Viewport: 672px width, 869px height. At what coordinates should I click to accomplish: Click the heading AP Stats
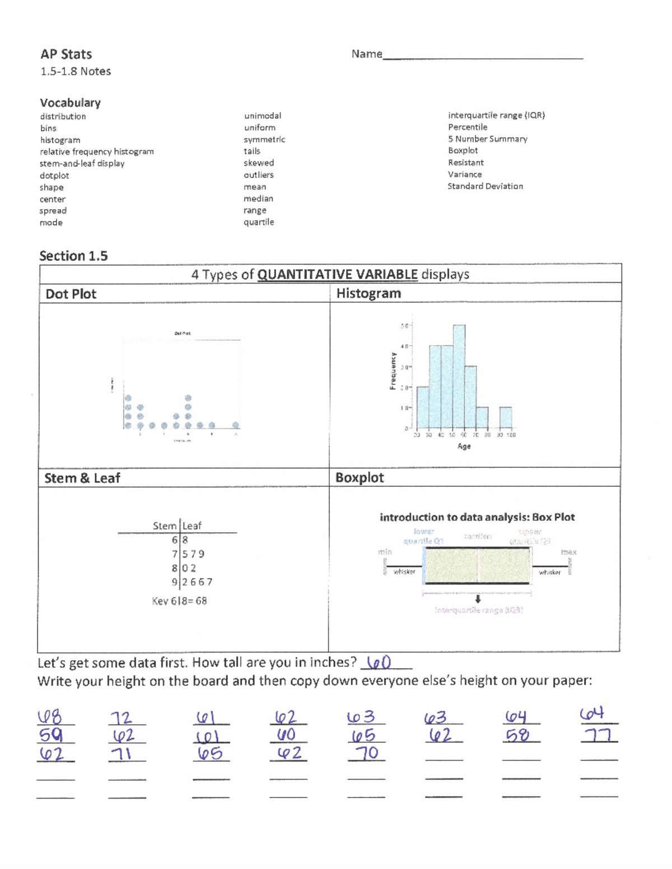pos(66,54)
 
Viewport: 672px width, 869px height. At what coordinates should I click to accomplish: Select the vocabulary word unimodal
pos(263,116)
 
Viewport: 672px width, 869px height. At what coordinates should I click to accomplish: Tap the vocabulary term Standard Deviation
pos(485,186)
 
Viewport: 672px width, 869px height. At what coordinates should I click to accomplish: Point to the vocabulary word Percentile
pos(468,127)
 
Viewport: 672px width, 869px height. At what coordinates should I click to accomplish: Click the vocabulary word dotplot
pos(54,176)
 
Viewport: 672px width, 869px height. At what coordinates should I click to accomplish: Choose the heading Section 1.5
pos(73,256)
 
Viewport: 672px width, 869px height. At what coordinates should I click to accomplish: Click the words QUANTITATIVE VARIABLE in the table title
pos(337,274)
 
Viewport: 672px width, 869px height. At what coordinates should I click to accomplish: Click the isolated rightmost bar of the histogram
pos(505,417)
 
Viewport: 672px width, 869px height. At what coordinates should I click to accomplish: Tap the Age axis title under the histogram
pos(464,446)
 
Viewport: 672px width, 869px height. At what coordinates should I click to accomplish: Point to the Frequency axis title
pos(393,370)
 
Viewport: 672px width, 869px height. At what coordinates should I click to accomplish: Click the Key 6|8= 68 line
pos(179,601)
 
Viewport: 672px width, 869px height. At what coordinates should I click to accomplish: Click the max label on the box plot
pos(568,552)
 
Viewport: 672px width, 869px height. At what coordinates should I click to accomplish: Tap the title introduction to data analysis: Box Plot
pos(477,517)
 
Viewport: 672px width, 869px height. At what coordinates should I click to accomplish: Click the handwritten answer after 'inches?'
pos(380,663)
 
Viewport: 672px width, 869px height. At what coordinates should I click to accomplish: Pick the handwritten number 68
pos(50,717)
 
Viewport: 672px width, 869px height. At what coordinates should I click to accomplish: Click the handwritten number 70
pos(367,753)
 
